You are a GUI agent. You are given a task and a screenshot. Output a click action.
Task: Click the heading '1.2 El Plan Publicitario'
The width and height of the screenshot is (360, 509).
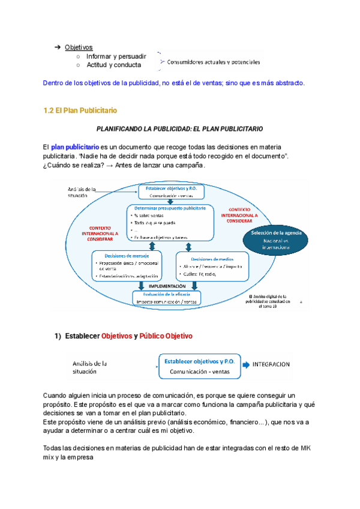coord(80,110)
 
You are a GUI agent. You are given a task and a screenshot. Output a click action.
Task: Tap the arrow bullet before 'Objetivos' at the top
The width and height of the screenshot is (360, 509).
coord(58,47)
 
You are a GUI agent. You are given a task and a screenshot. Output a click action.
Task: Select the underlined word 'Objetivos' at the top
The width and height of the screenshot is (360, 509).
coord(79,47)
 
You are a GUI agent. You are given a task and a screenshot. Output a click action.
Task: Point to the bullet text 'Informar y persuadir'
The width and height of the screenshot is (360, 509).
coord(113,56)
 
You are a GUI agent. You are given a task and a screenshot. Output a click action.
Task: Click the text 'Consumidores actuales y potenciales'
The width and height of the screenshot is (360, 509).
coord(214,61)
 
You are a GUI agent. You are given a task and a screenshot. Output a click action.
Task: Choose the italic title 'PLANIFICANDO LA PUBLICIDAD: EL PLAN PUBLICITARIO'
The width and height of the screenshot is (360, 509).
coord(180,128)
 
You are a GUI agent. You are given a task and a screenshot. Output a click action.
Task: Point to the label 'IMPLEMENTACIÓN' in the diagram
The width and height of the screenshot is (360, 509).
coord(164,286)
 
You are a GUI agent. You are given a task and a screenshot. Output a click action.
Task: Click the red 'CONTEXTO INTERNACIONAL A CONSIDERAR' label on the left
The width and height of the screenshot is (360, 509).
coord(104,233)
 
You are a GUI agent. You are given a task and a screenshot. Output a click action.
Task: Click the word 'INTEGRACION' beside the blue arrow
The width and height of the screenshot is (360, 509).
coord(271,364)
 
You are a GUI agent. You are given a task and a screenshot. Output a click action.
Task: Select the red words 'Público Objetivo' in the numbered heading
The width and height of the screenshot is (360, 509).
coord(166,336)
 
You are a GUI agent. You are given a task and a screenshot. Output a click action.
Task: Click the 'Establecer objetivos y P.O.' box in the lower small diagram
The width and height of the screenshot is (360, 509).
coord(198,366)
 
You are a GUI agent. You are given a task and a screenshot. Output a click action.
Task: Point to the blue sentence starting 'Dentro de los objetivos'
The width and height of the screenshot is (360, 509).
coord(175,83)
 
